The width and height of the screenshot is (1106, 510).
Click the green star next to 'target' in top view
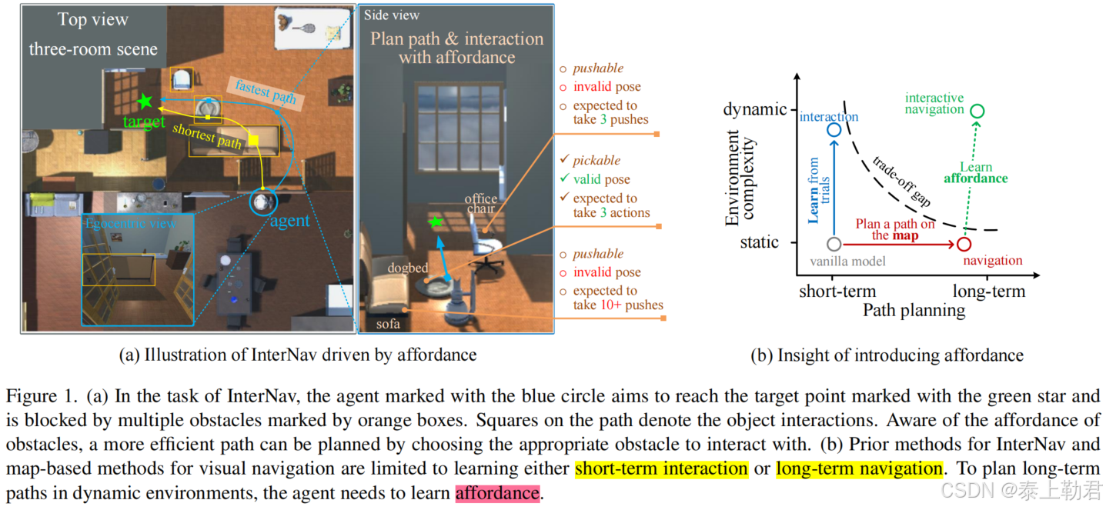pyautogui.click(x=144, y=101)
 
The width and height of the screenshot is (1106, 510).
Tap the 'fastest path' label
pyautogui.click(x=265, y=92)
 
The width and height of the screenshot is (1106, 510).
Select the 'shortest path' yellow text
pyautogui.click(x=206, y=135)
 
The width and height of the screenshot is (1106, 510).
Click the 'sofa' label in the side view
pyautogui.click(x=388, y=324)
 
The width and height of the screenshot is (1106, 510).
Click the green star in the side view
pyautogui.click(x=436, y=222)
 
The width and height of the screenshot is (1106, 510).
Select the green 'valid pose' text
pyautogui.click(x=601, y=179)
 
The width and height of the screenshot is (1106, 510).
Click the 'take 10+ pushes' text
pyautogui.click(x=618, y=305)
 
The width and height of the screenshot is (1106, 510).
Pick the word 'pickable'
pyautogui.click(x=596, y=161)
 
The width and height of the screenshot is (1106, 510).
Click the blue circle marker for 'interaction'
pyautogui.click(x=834, y=129)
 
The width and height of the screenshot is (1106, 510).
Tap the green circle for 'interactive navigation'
pyautogui.click(x=977, y=112)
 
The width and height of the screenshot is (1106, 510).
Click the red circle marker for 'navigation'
pyautogui.click(x=964, y=245)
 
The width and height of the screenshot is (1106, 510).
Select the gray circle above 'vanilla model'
pyautogui.click(x=834, y=244)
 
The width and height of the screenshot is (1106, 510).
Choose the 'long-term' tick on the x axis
pyautogui.click(x=988, y=292)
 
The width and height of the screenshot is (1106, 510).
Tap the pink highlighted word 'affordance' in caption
pyautogui.click(x=497, y=492)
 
